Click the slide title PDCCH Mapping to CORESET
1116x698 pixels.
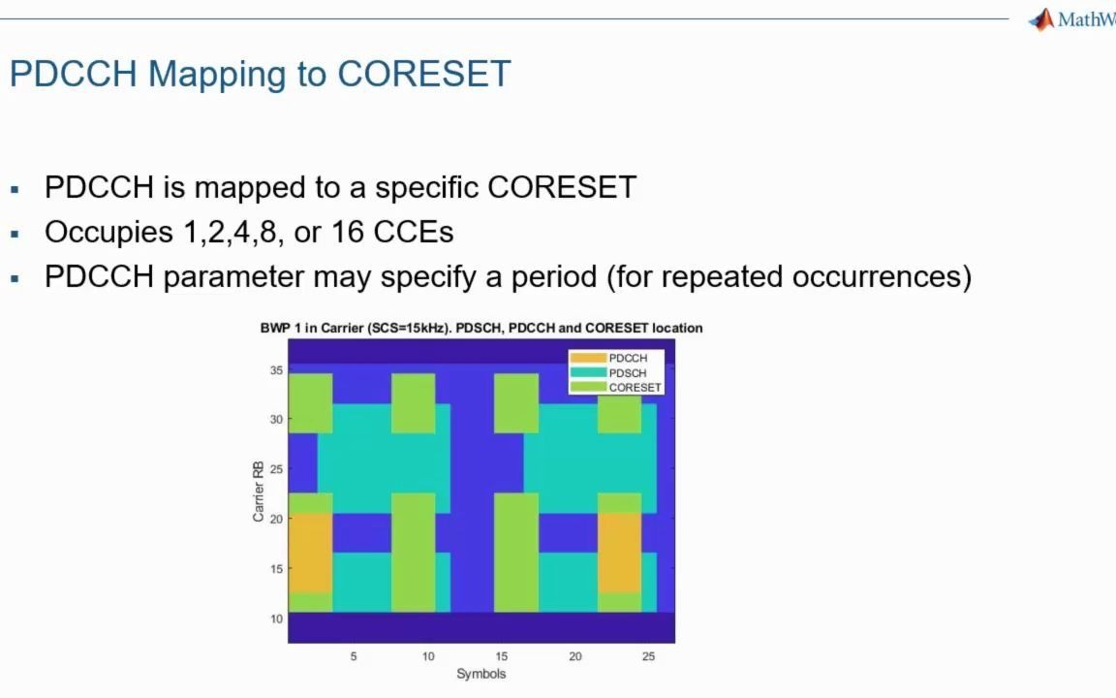(260, 74)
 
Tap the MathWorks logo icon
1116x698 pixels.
(1041, 20)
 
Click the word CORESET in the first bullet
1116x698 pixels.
(562, 187)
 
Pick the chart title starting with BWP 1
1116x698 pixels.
(480, 328)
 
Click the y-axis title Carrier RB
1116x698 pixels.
(259, 492)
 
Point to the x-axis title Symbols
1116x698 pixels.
(480, 674)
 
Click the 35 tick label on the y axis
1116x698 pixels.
(276, 370)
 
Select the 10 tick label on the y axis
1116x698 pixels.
(276, 619)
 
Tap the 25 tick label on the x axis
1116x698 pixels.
(648, 656)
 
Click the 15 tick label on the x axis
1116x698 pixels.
(501, 656)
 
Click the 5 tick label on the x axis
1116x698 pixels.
(354, 656)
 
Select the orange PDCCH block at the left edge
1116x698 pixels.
(310, 553)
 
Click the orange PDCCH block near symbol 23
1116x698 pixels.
(619, 553)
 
